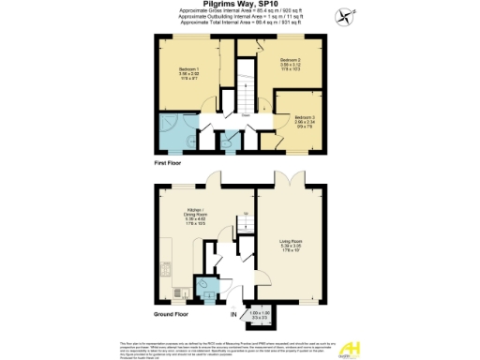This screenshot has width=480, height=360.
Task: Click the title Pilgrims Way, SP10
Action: point(239,5)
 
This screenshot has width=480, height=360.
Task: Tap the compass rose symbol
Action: point(348,16)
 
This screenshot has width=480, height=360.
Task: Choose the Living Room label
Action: point(291,247)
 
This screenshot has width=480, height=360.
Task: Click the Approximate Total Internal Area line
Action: point(239,22)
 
